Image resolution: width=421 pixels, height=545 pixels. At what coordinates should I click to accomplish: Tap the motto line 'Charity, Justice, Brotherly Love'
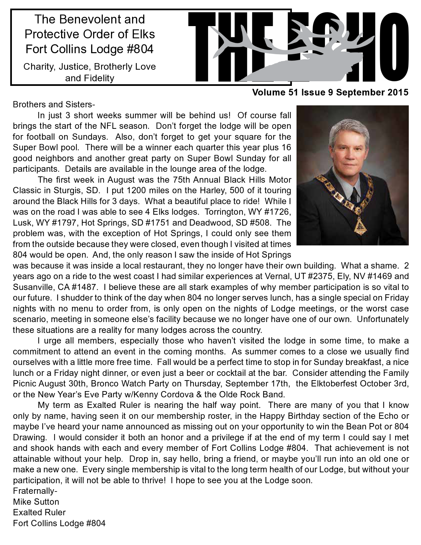[x=89, y=67]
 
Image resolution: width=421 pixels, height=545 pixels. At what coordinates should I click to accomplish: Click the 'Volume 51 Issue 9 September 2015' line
[x=330, y=93]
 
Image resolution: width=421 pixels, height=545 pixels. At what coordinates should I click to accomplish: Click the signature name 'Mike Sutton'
[x=36, y=502]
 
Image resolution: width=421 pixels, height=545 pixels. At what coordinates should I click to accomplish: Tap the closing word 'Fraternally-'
[x=35, y=491]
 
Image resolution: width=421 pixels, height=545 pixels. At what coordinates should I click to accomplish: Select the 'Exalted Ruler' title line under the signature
[x=39, y=513]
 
